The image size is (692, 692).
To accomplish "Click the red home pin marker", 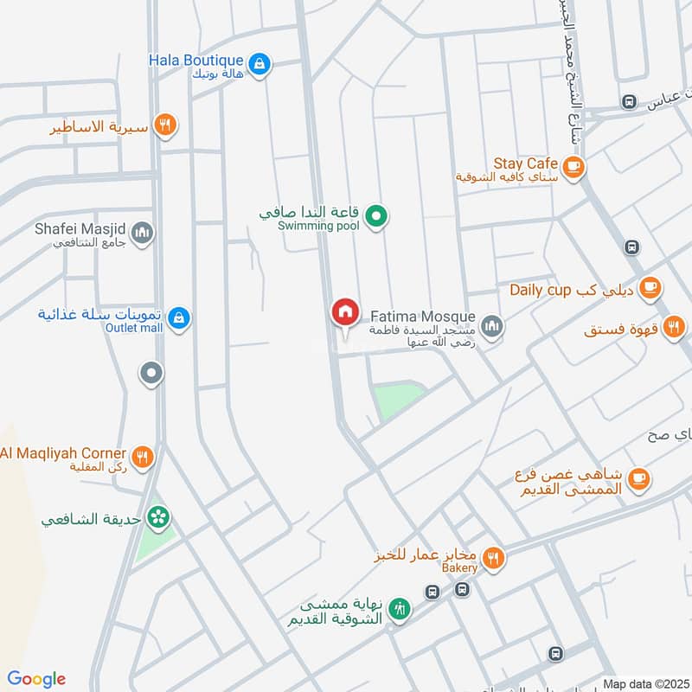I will pyautogui.click(x=344, y=312).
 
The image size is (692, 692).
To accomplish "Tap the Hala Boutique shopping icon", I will pyautogui.click(x=259, y=63).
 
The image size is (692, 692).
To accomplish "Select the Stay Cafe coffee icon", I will pyautogui.click(x=572, y=165).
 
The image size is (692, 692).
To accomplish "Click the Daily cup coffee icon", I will pyautogui.click(x=650, y=289).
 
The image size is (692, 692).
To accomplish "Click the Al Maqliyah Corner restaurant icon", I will pyautogui.click(x=143, y=455).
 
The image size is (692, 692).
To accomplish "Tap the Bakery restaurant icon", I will pyautogui.click(x=493, y=559).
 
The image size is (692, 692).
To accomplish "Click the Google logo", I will pyautogui.click(x=36, y=679).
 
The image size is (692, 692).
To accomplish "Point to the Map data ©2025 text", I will pyautogui.click(x=644, y=682).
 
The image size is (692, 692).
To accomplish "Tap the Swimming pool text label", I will pyautogui.click(x=317, y=226).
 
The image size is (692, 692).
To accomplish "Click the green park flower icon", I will pyautogui.click(x=158, y=518).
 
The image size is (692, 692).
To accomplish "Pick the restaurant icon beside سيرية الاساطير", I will pyautogui.click(x=164, y=126).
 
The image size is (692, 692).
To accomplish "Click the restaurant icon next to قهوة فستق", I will pyautogui.click(x=675, y=328).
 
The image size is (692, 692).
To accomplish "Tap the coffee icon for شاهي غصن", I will pyautogui.click(x=638, y=478).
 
